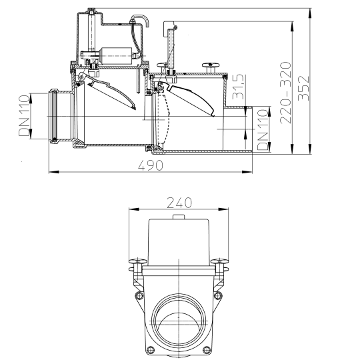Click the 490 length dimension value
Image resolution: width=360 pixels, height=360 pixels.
click(x=151, y=165)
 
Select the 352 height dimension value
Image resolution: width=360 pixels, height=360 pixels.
click(x=303, y=88)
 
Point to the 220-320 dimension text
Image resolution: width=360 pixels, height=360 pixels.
click(x=285, y=93)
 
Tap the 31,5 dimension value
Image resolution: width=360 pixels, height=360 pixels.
click(x=238, y=87)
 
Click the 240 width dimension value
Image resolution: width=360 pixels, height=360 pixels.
click(x=179, y=203)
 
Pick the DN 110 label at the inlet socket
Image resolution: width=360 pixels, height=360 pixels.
click(x=24, y=115)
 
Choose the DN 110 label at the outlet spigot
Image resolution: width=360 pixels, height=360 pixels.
click(x=263, y=130)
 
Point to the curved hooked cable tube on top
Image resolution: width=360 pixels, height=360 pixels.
click(x=140, y=20)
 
